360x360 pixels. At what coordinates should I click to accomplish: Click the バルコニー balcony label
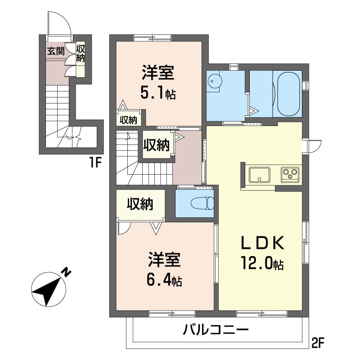(x=216, y=331)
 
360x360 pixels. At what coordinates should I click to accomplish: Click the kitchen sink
(x=260, y=174)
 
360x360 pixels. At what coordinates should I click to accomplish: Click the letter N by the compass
(x=67, y=272)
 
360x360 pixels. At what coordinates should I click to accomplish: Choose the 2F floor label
(x=318, y=344)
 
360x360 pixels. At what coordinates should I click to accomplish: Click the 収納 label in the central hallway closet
(x=156, y=145)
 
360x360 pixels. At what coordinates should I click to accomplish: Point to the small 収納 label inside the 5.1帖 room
(x=128, y=120)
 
